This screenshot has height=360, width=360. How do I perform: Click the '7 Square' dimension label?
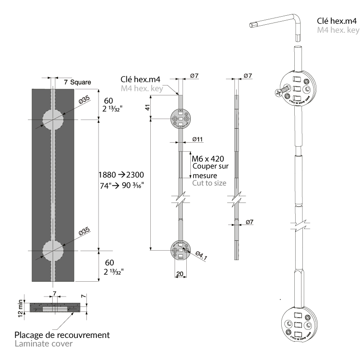[77, 82]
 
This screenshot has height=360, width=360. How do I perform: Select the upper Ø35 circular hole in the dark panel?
[53, 119]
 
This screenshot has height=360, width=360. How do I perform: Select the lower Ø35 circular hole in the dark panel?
[53, 250]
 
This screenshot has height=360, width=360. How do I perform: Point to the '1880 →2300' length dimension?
[124, 174]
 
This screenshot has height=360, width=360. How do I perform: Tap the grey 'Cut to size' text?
[209, 183]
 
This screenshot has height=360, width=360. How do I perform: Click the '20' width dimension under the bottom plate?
[180, 274]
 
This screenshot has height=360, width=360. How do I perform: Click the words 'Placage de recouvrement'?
[62, 335]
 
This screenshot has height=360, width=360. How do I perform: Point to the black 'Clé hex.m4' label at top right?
[337, 21]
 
